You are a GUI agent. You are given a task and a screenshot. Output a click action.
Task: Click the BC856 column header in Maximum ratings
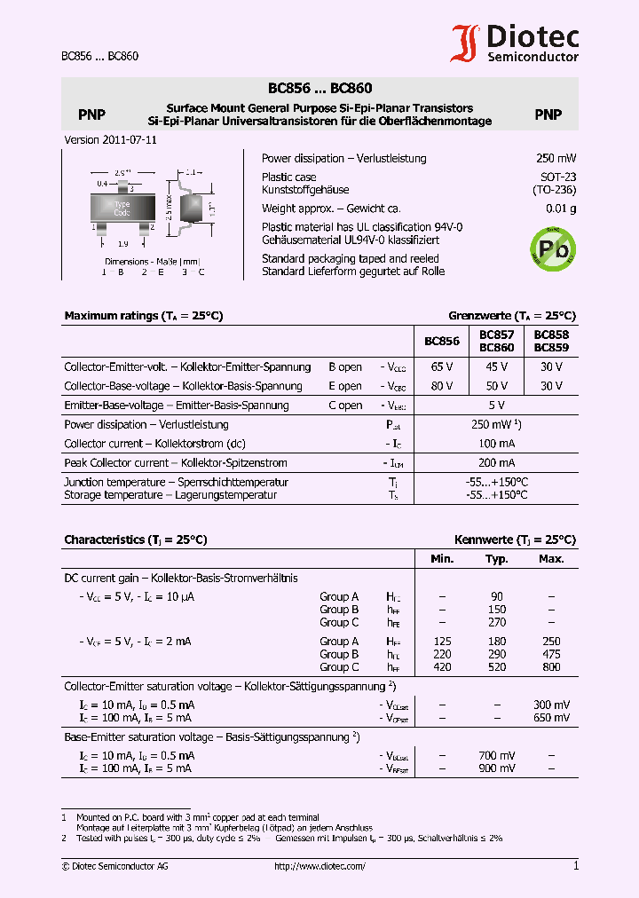click(x=442, y=342)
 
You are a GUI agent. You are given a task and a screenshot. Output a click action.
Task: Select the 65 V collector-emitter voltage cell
click(x=442, y=366)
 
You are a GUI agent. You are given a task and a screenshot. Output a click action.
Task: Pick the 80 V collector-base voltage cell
click(x=442, y=386)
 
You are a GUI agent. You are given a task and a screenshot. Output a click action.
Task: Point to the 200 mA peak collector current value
click(x=496, y=463)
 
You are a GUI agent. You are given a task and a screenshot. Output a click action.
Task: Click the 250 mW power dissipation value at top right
click(x=556, y=159)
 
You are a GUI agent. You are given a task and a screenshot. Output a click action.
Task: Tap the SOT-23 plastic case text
click(x=558, y=177)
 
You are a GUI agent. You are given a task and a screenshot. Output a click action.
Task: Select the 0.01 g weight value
click(x=561, y=209)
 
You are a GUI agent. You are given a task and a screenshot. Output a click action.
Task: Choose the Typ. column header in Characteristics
click(x=496, y=559)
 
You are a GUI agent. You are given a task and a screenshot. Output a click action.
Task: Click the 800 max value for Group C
click(x=551, y=667)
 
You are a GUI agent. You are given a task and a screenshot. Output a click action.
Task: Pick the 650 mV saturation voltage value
click(x=551, y=718)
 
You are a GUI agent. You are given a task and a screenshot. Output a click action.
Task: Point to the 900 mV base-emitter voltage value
click(x=496, y=768)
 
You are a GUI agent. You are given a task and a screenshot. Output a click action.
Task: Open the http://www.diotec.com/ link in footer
click(x=319, y=867)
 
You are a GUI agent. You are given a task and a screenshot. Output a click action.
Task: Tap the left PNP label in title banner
click(x=91, y=114)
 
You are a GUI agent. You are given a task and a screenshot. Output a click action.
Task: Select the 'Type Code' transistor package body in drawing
click(x=122, y=209)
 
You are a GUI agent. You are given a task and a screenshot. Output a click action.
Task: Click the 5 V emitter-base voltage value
click(x=496, y=406)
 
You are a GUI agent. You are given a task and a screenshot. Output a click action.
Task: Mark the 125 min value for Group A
click(x=442, y=642)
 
